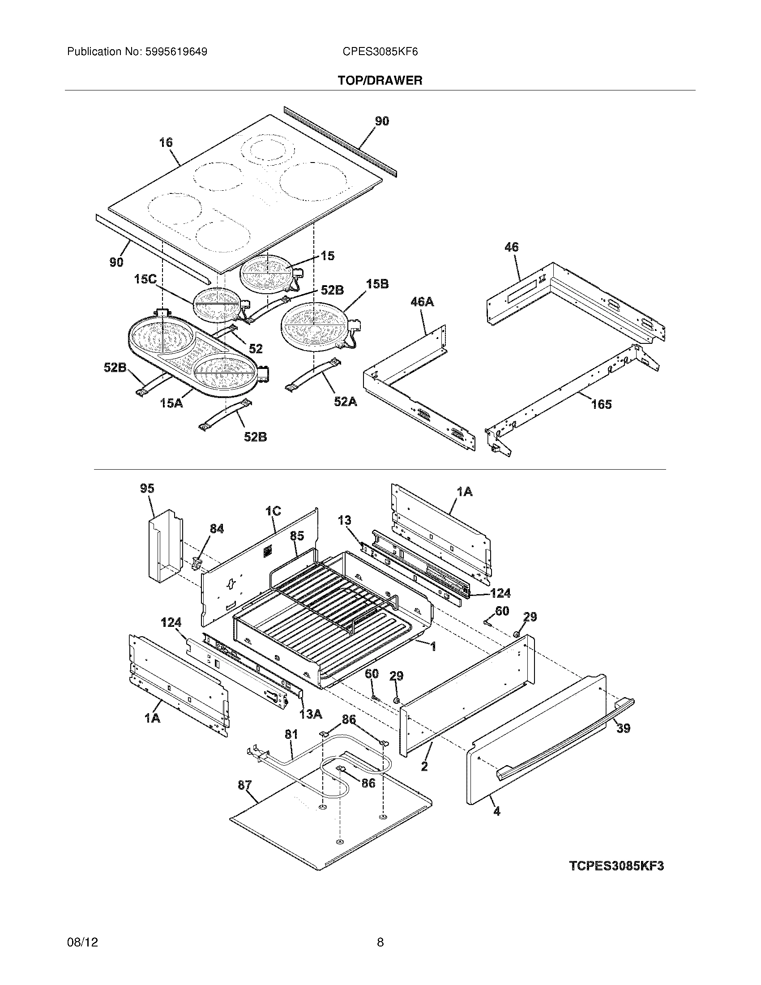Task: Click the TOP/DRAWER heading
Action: pos(380,81)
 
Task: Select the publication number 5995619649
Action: pos(176,52)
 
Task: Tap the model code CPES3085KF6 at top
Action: pos(380,52)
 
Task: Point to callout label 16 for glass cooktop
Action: pos(166,142)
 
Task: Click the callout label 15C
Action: pos(145,279)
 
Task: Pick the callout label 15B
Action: pos(377,284)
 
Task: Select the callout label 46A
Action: pos(422,302)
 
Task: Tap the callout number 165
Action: pos(601,404)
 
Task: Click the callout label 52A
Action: pos(345,401)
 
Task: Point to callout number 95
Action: pos(147,488)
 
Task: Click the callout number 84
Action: pos(216,529)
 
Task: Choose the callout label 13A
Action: pos(311,714)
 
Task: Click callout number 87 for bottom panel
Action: pos(245,785)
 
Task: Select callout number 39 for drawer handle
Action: pos(623,728)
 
